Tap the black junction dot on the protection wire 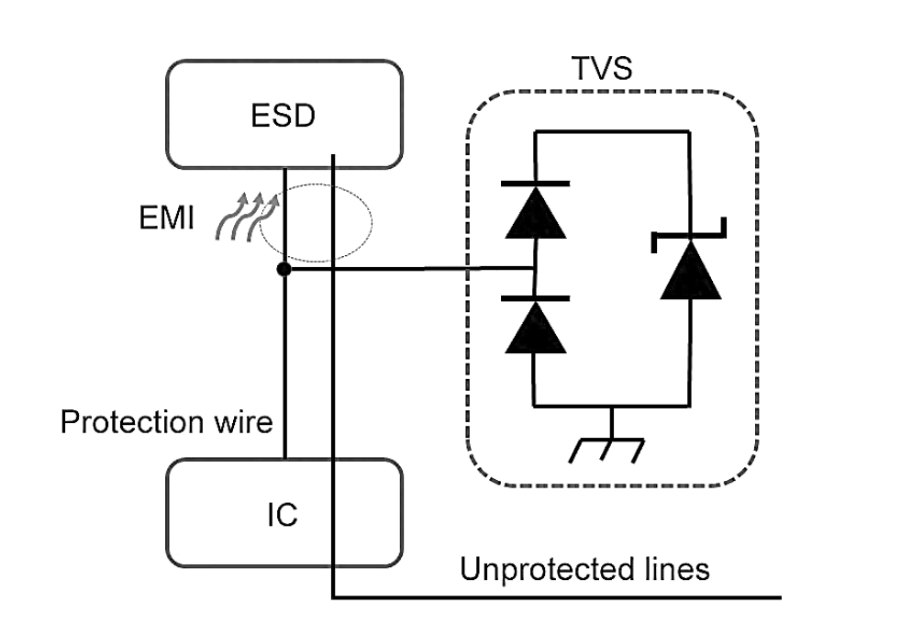coord(284,269)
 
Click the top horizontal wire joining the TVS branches coord(610,131)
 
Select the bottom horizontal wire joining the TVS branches coord(610,405)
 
